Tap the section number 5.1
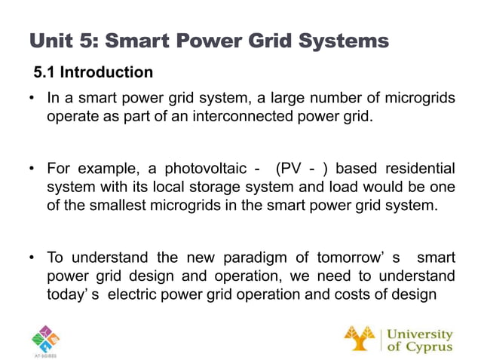(45, 73)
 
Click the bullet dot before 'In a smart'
(32, 99)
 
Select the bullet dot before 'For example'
(32, 167)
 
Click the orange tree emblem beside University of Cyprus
(359, 338)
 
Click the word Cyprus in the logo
(427, 346)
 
